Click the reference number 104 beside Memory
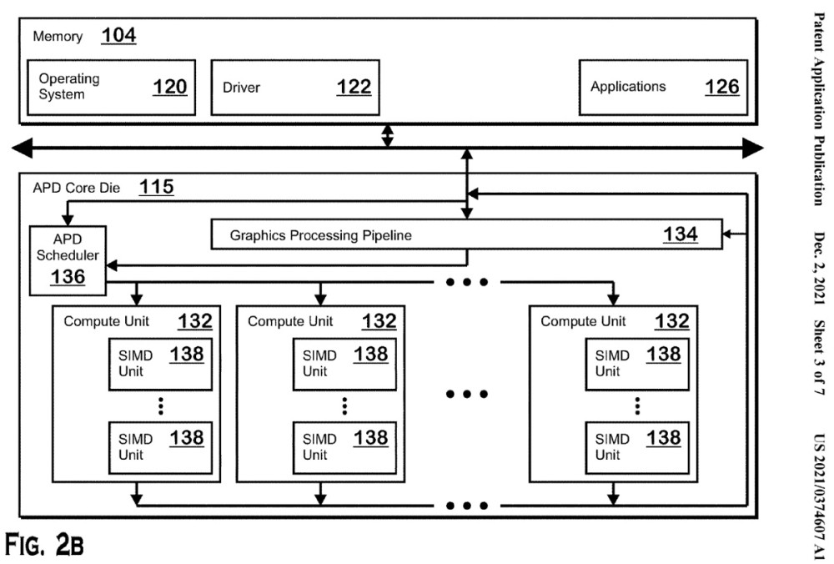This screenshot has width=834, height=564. (x=118, y=36)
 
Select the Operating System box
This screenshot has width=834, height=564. (x=111, y=88)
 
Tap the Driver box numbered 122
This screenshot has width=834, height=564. (x=295, y=88)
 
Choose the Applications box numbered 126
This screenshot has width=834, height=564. (x=663, y=88)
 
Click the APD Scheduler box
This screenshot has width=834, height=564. (x=68, y=260)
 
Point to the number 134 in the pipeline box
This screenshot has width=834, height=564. (x=681, y=234)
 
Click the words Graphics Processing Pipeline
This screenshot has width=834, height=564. (x=321, y=235)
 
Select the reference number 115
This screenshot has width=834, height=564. (x=157, y=187)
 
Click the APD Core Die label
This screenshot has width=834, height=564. (x=77, y=188)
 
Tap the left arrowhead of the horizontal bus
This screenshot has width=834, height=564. (x=22, y=148)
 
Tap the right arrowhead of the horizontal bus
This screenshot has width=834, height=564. (x=753, y=148)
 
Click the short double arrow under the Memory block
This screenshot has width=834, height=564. (x=388, y=136)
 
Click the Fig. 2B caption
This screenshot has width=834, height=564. (x=44, y=544)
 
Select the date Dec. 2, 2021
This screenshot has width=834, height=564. (x=819, y=269)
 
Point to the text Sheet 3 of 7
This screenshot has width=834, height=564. (x=819, y=357)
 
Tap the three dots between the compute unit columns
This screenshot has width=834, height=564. (x=467, y=394)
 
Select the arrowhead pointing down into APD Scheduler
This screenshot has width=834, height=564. (x=68, y=220)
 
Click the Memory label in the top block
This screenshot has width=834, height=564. (x=58, y=37)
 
